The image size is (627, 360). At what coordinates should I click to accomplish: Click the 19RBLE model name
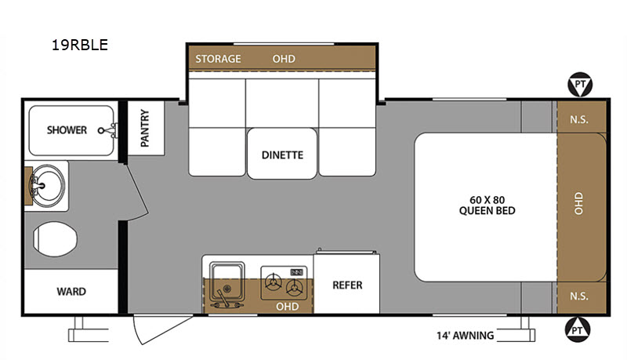(80, 45)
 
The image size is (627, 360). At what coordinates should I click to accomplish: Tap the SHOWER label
(67, 130)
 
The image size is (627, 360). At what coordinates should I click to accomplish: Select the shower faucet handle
(108, 130)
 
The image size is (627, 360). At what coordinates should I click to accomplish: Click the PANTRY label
(145, 128)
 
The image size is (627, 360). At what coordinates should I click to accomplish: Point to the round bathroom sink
(47, 186)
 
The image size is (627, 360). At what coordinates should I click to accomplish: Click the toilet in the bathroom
(55, 239)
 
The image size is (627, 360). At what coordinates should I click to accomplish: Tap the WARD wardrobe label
(71, 292)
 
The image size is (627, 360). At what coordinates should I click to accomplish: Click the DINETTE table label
(282, 155)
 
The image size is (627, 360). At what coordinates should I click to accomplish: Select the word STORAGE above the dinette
(218, 59)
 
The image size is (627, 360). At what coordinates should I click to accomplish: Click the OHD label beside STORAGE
(284, 59)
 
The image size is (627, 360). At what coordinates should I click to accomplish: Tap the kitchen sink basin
(227, 282)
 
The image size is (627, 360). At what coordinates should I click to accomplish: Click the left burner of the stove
(274, 282)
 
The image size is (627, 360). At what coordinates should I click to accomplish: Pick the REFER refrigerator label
(347, 285)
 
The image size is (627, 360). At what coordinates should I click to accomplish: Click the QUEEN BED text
(487, 211)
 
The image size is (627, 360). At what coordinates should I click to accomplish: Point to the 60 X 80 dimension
(487, 200)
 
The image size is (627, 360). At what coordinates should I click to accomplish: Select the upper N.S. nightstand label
(578, 119)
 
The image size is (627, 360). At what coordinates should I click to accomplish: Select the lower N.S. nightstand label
(578, 296)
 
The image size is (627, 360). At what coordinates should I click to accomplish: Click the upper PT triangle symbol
(580, 85)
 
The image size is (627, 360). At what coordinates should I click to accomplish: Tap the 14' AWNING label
(465, 335)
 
